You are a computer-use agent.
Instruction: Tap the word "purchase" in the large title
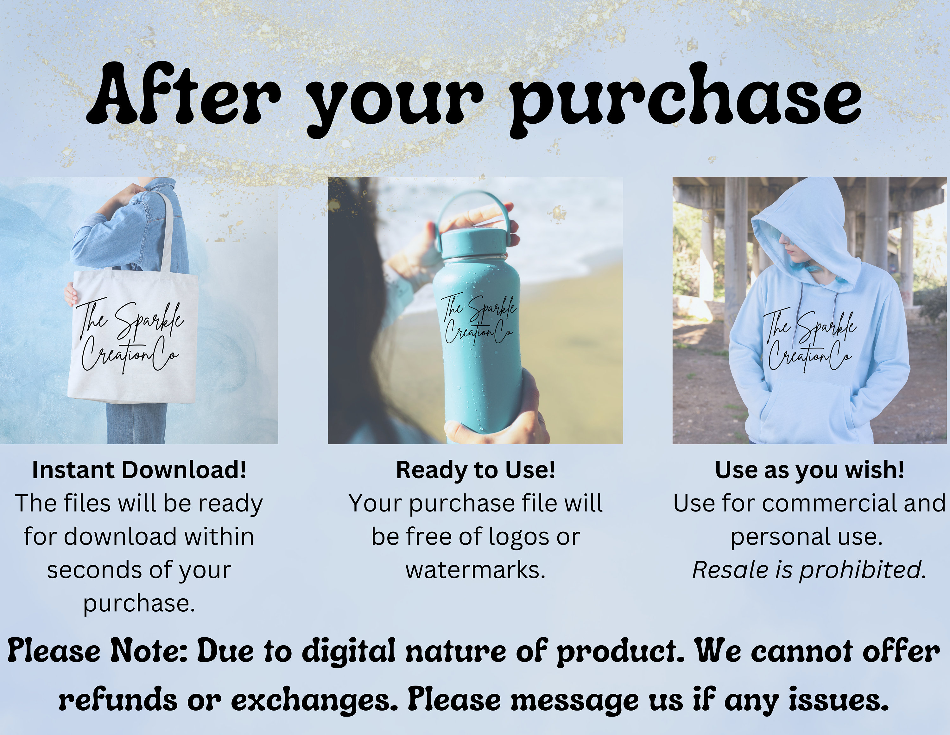click(x=685, y=98)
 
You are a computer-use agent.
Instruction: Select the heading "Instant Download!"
click(x=139, y=470)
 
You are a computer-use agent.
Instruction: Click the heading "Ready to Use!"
click(x=475, y=470)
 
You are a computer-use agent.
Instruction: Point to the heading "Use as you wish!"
click(x=809, y=470)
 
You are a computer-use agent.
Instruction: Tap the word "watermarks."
click(x=475, y=570)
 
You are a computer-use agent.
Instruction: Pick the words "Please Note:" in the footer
click(x=98, y=651)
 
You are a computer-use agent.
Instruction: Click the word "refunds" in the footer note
click(x=118, y=700)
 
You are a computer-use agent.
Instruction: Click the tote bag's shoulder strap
click(x=168, y=231)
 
